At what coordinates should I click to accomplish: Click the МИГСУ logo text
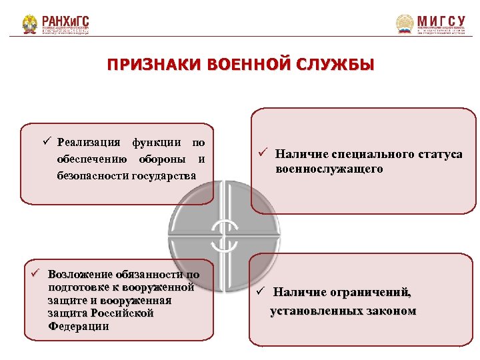click(441, 20)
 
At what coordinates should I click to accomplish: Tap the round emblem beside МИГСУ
click(405, 25)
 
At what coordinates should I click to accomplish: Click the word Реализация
click(89, 142)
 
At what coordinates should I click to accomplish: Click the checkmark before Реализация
click(47, 141)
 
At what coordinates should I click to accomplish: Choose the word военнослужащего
click(329, 169)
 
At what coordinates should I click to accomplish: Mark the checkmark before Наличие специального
click(263, 155)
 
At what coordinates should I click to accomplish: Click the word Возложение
click(79, 275)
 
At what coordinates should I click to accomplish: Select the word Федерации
click(79, 326)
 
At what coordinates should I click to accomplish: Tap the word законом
click(390, 311)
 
